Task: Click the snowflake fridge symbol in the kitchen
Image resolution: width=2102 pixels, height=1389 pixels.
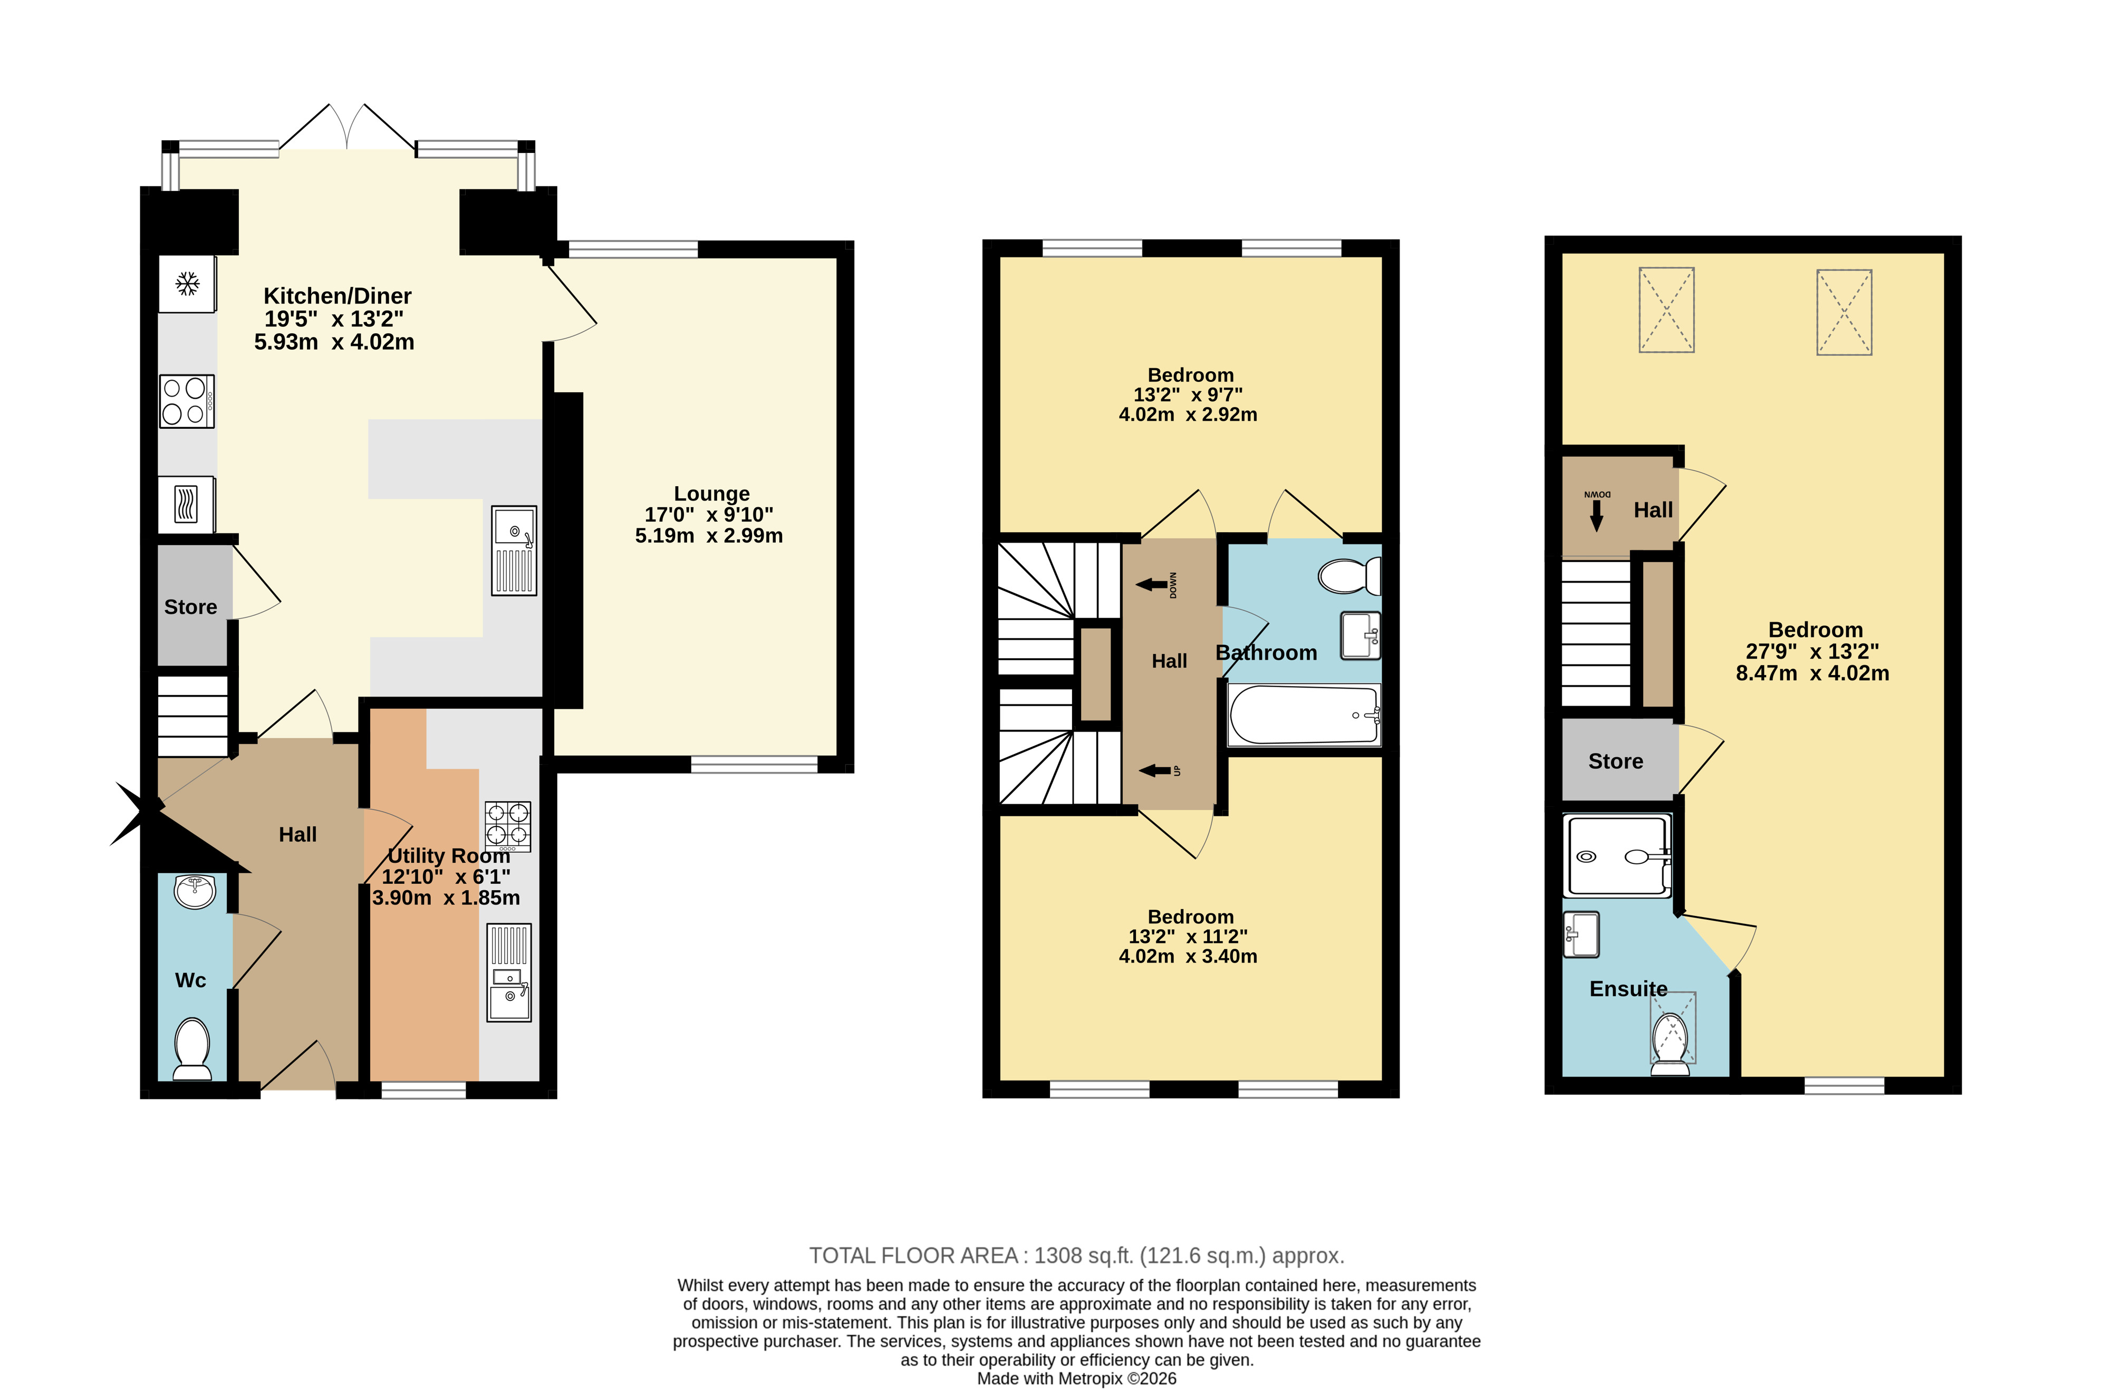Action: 187,284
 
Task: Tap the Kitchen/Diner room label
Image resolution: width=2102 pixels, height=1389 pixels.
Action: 338,296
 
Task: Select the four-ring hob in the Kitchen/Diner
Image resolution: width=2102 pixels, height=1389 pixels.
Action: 187,401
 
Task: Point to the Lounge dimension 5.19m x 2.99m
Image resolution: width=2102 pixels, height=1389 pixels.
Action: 709,535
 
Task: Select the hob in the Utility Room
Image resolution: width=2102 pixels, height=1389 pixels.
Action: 507,826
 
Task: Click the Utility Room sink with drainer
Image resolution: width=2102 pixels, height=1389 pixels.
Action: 509,972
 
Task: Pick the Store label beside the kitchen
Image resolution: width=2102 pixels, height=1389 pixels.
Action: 190,607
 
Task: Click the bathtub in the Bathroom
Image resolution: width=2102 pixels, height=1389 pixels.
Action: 1304,714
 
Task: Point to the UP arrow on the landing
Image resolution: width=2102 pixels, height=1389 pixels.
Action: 1154,770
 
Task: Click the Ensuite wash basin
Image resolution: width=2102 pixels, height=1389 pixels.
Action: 1581,934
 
